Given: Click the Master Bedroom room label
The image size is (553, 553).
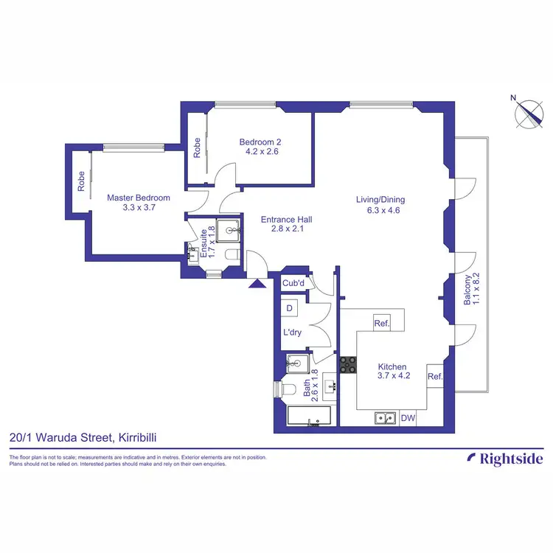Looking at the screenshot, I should click(139, 198).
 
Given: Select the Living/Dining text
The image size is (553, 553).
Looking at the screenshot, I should click(380, 200).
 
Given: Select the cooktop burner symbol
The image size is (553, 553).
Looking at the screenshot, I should click(347, 364).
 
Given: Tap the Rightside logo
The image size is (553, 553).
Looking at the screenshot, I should click(506, 459).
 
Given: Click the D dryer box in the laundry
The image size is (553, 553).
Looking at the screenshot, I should click(289, 307).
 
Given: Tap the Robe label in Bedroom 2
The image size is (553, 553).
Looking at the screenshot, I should click(197, 149).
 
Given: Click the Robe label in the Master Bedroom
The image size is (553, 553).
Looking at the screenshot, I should click(80, 181).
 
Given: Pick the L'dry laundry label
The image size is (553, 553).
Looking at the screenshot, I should click(293, 333).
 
